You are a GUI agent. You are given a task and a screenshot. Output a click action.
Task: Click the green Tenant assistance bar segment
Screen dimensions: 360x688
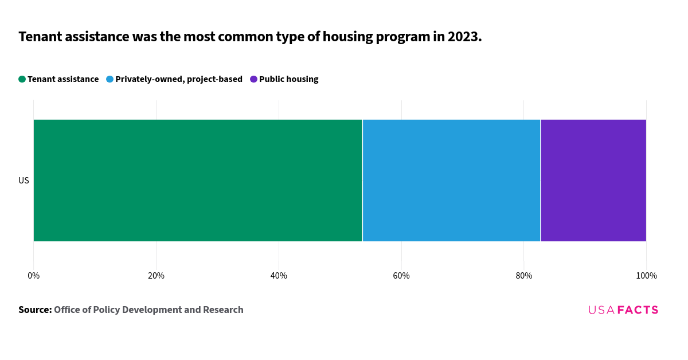tap(198, 181)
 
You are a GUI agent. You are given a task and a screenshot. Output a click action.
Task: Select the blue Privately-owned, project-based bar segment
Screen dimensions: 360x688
tap(451, 181)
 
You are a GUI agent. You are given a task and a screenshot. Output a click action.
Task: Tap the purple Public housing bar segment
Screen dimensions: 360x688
tap(593, 181)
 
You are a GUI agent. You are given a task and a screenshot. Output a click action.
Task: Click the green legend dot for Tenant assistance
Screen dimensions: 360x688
tap(22, 79)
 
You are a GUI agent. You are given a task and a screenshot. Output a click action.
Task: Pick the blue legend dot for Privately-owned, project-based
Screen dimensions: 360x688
tap(110, 79)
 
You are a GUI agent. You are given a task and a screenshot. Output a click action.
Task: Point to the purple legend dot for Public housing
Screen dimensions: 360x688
tap(253, 79)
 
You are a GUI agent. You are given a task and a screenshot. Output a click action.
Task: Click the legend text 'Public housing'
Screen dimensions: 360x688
tap(288, 79)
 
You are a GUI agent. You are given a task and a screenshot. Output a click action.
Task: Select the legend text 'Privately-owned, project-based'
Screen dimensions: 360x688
tap(179, 79)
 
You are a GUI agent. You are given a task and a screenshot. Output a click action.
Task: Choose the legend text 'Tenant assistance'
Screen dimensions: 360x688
tap(63, 79)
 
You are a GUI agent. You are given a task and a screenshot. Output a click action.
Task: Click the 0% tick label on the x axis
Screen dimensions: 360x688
tap(34, 276)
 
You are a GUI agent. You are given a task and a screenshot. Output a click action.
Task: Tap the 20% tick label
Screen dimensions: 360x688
tap(156, 276)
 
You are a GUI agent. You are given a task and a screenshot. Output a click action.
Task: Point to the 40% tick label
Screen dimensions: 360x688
tap(279, 276)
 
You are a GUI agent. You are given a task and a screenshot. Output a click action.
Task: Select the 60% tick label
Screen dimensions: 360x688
tap(401, 276)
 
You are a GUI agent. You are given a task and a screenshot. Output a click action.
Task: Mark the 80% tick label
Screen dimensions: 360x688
tap(524, 276)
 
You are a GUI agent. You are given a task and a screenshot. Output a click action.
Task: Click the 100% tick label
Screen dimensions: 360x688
tap(646, 276)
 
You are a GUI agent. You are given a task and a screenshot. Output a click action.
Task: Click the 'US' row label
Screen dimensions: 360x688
tap(24, 181)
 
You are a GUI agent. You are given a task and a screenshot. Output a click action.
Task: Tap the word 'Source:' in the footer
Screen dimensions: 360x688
tap(35, 310)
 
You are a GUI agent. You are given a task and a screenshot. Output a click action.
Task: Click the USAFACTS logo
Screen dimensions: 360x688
tap(623, 310)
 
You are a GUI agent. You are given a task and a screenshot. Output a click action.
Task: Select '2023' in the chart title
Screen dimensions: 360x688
tap(462, 37)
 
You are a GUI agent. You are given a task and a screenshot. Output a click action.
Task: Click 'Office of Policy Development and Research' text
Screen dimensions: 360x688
tap(148, 310)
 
